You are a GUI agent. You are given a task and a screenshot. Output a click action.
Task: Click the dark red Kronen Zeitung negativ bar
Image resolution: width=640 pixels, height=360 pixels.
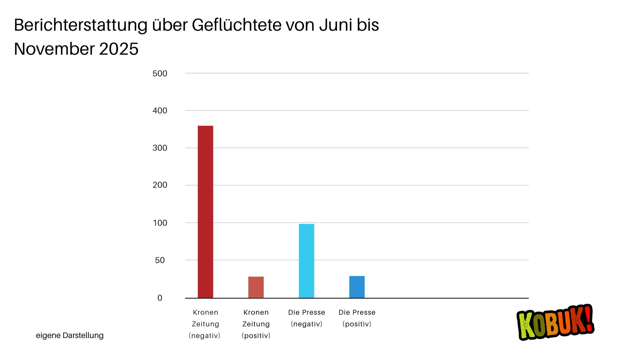point(205,212)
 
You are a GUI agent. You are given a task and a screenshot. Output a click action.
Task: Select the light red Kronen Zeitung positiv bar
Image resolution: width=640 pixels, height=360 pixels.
point(256,287)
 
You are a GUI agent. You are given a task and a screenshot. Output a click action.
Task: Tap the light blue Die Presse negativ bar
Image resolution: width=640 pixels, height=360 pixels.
point(306,261)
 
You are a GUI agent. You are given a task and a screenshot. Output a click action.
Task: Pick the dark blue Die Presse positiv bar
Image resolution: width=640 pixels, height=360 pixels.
point(357,287)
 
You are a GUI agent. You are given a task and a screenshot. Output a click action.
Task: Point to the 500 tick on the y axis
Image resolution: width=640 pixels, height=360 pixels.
point(160,74)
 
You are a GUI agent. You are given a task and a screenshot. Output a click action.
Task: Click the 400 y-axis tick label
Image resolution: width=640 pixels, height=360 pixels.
point(160,111)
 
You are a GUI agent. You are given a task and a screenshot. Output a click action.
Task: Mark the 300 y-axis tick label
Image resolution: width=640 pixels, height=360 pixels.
point(160,148)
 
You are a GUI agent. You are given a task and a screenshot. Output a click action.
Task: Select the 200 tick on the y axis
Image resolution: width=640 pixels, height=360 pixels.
point(160,185)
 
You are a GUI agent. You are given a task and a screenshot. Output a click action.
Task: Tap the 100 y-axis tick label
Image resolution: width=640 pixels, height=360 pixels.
point(160,223)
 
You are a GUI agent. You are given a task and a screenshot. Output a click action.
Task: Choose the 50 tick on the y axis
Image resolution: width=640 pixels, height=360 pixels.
point(160,260)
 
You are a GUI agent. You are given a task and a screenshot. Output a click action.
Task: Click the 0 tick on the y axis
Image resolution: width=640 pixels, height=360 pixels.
point(160,298)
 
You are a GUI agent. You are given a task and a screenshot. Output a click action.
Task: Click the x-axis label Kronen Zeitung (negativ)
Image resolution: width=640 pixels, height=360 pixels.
point(205,324)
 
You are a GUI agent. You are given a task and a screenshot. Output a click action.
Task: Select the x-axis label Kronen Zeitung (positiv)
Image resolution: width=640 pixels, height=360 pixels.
point(256,324)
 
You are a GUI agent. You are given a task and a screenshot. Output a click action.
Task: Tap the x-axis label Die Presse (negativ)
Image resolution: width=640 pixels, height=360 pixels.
point(307,318)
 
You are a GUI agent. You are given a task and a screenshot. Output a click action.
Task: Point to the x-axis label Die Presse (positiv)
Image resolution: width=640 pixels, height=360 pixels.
point(357,318)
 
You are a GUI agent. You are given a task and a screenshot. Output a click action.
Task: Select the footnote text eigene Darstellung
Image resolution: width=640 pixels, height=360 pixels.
point(70,335)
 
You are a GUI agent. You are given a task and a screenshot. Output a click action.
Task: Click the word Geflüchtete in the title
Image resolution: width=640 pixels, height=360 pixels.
point(237,25)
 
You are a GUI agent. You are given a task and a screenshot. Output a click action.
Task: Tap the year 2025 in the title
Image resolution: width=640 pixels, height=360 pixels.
point(119,49)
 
